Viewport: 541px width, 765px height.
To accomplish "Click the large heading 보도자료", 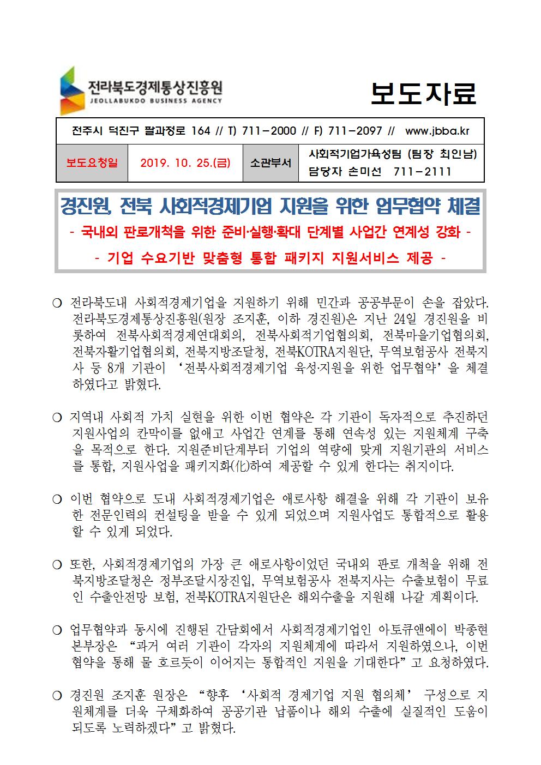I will click(x=423, y=94).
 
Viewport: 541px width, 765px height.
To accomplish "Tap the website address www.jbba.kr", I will click(x=437, y=131).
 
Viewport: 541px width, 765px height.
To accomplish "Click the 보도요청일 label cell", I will click(x=92, y=162).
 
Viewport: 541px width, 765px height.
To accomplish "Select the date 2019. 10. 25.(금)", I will click(x=185, y=162).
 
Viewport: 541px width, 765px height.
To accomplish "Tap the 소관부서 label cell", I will click(x=270, y=162).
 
